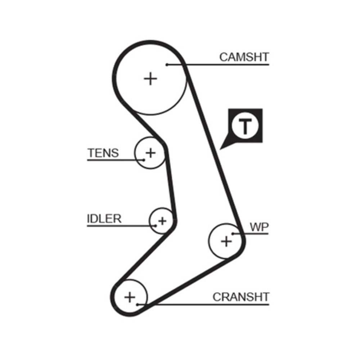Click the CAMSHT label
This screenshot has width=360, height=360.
244,57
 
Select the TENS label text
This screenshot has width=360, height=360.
103,153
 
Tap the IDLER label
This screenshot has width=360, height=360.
104,219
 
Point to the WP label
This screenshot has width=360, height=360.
259,227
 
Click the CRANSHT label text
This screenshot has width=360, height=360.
241,297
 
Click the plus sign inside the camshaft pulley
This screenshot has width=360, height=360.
150,78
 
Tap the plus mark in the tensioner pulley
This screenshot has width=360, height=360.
150,153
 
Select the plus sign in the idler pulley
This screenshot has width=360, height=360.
162,220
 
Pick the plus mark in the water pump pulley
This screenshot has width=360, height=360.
226,241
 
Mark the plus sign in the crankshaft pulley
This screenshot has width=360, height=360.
130,297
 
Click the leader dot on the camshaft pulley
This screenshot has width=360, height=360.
167,65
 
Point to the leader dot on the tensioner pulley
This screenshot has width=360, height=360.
144,159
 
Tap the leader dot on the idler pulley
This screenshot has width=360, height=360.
155,226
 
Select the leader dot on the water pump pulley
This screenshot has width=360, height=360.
233,234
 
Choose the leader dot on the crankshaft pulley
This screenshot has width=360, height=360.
137,305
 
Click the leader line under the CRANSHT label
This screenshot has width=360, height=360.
216,305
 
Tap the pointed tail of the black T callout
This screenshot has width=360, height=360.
222,148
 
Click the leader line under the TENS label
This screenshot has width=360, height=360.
108,159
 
